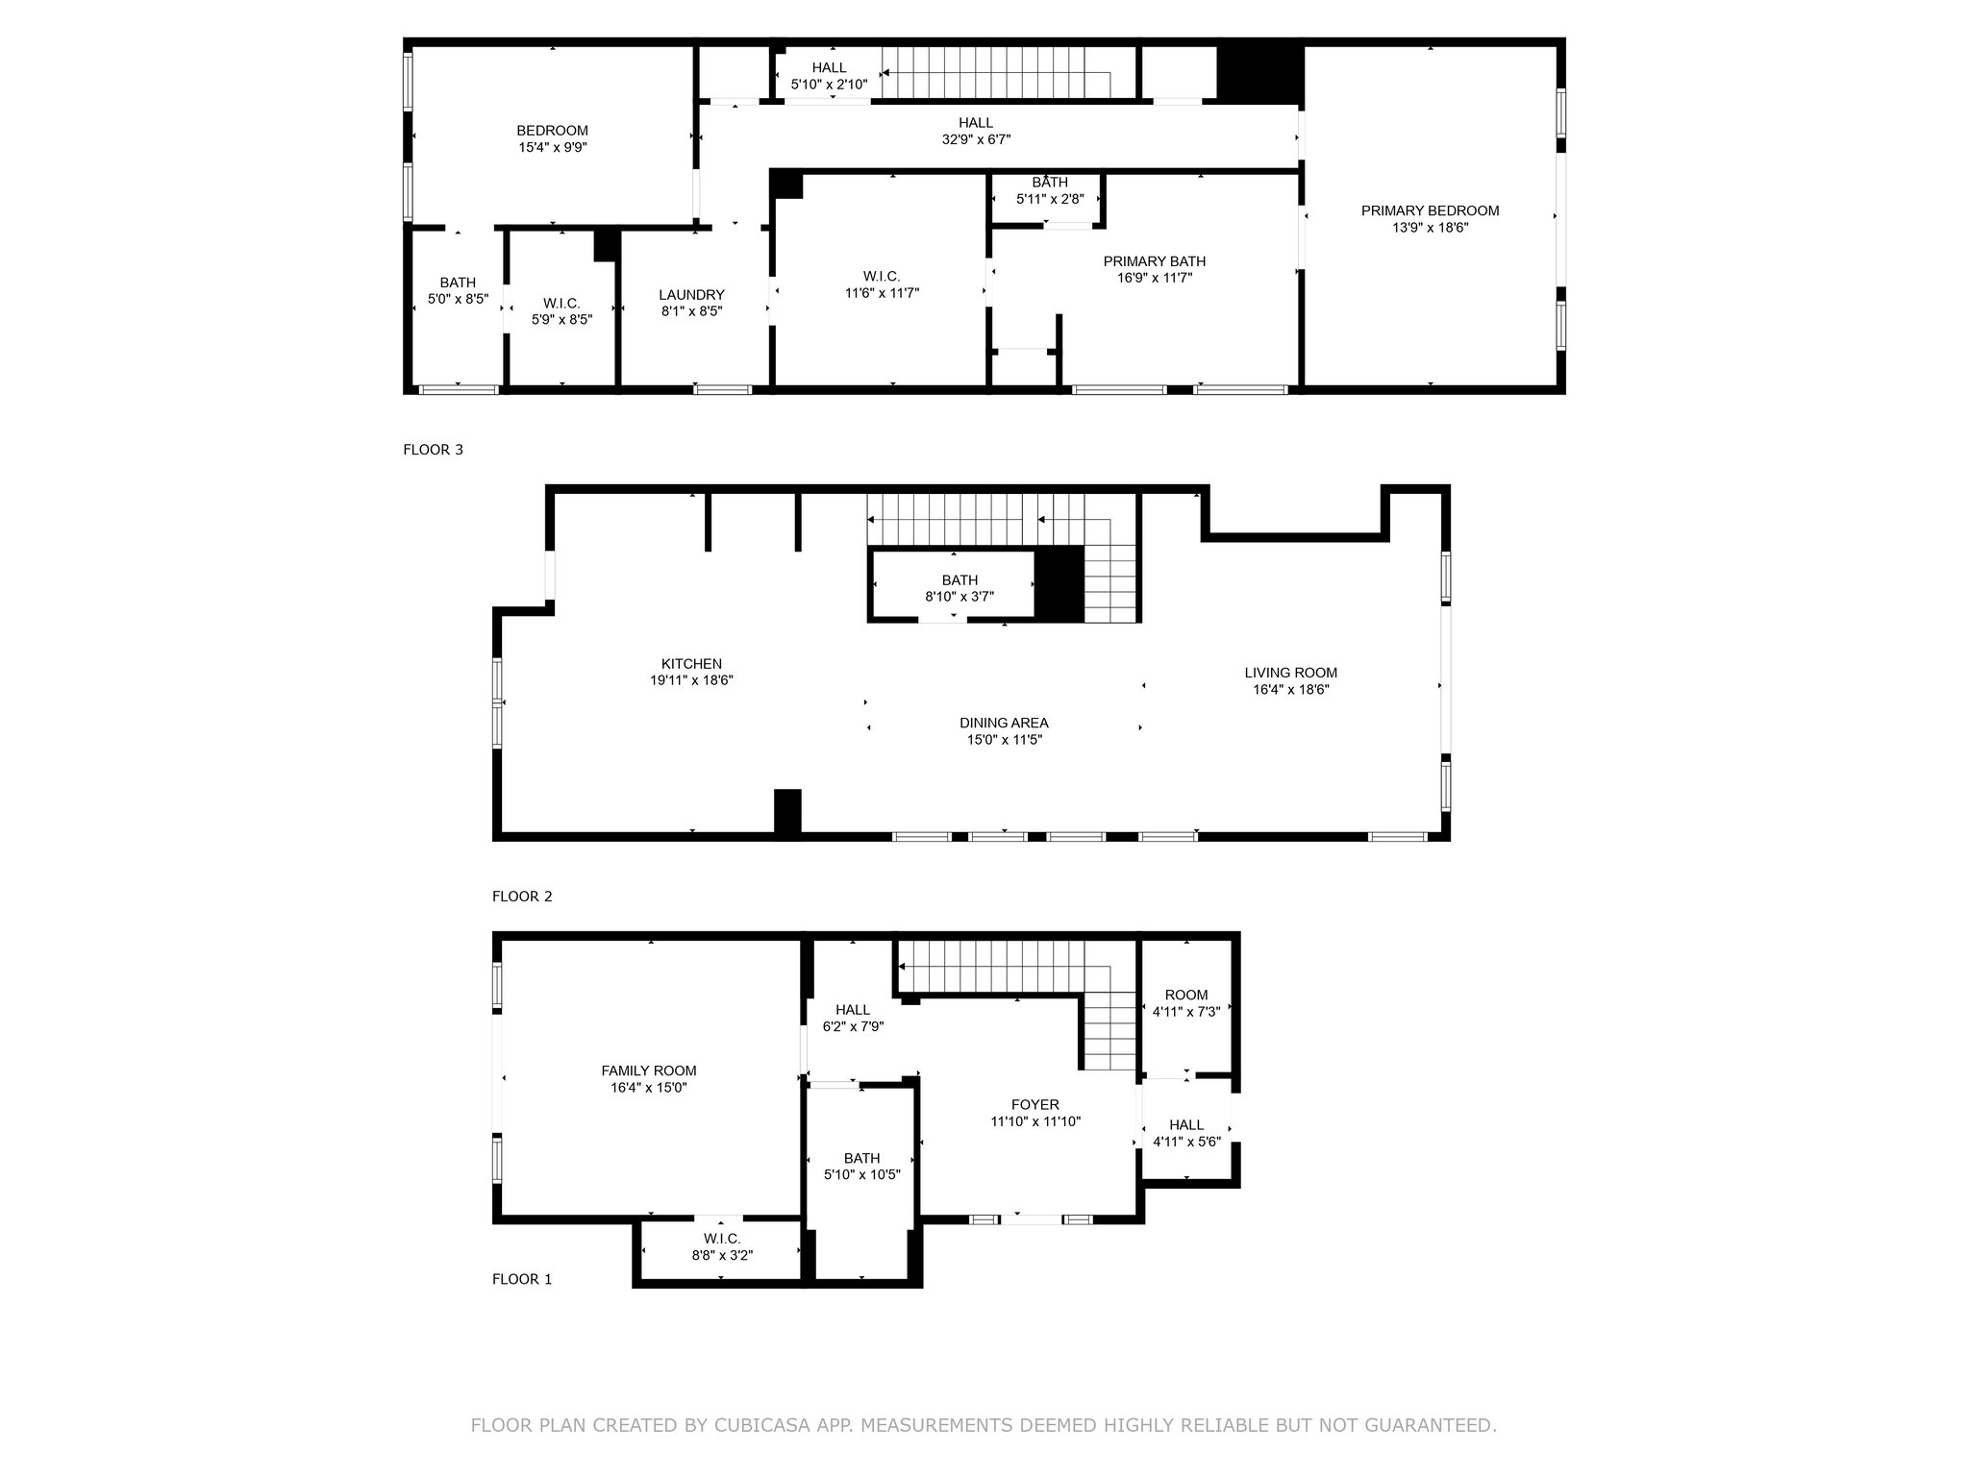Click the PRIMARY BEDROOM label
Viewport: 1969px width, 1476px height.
(1430, 211)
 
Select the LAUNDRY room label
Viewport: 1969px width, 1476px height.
(691, 295)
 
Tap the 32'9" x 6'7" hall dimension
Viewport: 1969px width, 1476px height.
(976, 139)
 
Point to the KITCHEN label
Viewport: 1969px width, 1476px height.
(691, 664)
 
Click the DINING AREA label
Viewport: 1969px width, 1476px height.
(1004, 724)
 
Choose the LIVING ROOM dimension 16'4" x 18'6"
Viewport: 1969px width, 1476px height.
(1290, 689)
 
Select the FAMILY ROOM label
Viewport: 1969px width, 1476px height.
(649, 1071)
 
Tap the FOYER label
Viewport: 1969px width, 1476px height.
(1035, 1105)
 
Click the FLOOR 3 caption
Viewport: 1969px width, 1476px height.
(433, 450)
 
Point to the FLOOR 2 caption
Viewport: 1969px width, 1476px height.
(522, 897)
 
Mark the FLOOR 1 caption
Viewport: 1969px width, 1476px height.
(522, 1279)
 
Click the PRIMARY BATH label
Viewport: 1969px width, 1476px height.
(1154, 261)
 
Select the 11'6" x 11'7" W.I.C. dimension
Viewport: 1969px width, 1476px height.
(881, 293)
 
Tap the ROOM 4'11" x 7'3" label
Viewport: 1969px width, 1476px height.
(1186, 996)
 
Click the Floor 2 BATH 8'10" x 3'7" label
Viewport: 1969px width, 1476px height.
(960, 580)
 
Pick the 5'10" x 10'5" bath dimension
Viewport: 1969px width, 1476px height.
(862, 1174)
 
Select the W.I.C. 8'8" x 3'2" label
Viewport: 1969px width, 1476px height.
(721, 1239)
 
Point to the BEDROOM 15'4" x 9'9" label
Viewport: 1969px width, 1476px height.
(552, 131)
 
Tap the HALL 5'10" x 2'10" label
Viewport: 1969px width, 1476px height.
(829, 67)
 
